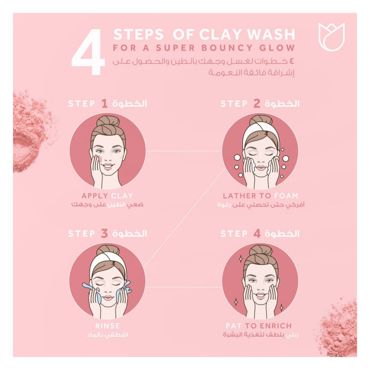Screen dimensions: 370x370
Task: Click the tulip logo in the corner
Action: [331, 37]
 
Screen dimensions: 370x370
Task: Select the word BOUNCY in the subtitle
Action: [227, 48]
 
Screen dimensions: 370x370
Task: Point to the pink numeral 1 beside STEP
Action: [104, 104]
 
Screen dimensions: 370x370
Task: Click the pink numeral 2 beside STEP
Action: [257, 104]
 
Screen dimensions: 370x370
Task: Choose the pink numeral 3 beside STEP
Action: [104, 233]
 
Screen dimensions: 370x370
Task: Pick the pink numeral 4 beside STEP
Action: [257, 233]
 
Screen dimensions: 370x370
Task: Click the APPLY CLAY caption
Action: [107, 196]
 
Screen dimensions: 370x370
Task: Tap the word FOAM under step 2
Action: [286, 196]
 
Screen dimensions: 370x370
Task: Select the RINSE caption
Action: [107, 326]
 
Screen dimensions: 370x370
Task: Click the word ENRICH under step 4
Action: [276, 326]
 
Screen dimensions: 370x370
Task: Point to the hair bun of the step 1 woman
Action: [108, 122]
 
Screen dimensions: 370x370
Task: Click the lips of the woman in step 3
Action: [107, 298]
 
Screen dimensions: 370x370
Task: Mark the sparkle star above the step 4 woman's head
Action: [240, 259]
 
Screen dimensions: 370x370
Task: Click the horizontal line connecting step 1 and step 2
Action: [184, 151]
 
